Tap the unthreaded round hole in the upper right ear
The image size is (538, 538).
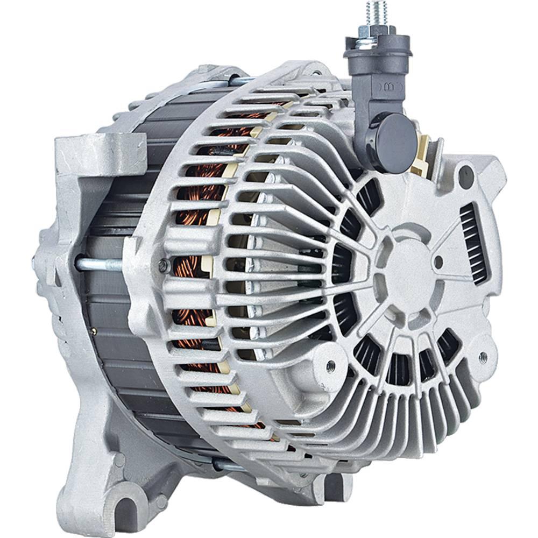(x=466, y=176)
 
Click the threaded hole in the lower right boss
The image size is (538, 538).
(x=483, y=356)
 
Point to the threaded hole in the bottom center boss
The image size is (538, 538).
(x=330, y=365)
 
